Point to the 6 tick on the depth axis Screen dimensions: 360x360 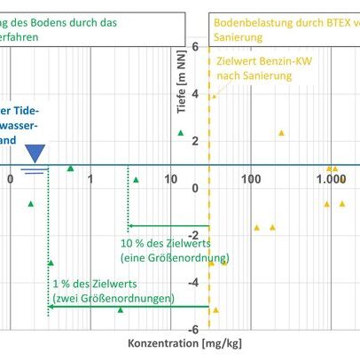pyautogui.click(x=194, y=43)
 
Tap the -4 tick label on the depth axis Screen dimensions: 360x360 pyautogui.click(x=192, y=282)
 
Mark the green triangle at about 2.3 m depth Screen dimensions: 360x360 pyautogui.click(x=181, y=132)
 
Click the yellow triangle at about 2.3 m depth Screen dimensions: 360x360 pyautogui.click(x=281, y=132)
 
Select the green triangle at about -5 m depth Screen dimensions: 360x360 pyautogui.click(x=121, y=309)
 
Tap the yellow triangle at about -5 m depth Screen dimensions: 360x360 pyautogui.click(x=215, y=309)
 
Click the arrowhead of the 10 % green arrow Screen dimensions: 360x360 pyautogui.click(x=131, y=227)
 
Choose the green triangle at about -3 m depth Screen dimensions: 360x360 pyautogui.click(x=51, y=262)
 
